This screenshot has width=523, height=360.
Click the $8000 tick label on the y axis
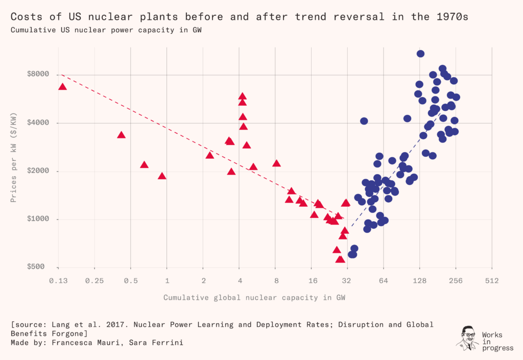tap(38, 75)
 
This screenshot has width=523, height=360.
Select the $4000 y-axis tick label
tap(38, 123)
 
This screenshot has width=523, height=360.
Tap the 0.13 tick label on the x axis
tap(59, 280)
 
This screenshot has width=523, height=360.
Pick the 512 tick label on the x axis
tap(492, 280)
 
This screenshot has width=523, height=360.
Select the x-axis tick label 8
tap(276, 280)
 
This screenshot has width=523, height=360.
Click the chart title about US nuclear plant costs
tap(240, 17)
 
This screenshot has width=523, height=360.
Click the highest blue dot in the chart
tap(420, 54)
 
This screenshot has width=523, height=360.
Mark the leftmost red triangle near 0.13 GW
tap(63, 87)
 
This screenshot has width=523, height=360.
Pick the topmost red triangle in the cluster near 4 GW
tap(242, 96)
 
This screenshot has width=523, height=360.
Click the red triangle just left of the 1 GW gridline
tap(162, 176)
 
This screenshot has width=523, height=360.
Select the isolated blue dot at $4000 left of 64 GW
tap(364, 121)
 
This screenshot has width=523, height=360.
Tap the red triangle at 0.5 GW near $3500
tap(121, 135)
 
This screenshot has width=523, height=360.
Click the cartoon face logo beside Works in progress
tap(466, 338)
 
